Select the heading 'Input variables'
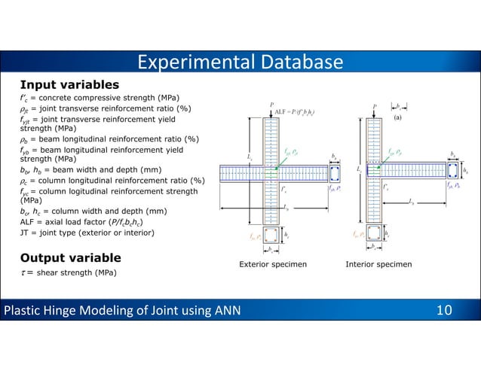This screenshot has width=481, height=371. click(69, 84)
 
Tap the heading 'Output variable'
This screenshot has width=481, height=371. click(70, 258)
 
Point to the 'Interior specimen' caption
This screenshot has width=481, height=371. click(378, 265)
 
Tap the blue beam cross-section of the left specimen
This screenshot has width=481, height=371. click(335, 173)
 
